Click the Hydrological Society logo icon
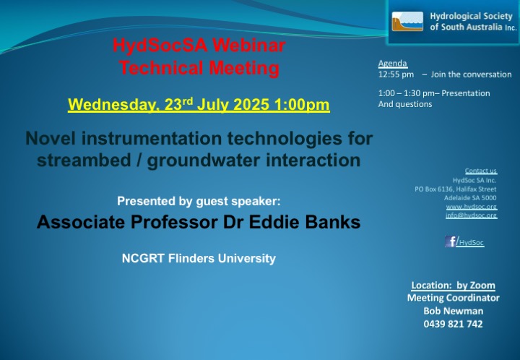coord(407,22)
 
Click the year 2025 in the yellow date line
coord(251,105)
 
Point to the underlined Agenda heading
coord(393,64)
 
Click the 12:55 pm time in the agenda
coord(396,74)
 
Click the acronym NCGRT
coord(143,259)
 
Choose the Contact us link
coord(481,171)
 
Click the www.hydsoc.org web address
coord(472,207)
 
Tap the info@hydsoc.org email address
coord(471,215)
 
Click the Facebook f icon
coord(451,241)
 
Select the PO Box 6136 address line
coord(455,189)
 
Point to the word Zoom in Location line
coord(482,286)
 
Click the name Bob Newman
coord(454,311)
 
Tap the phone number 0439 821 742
coord(453,324)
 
